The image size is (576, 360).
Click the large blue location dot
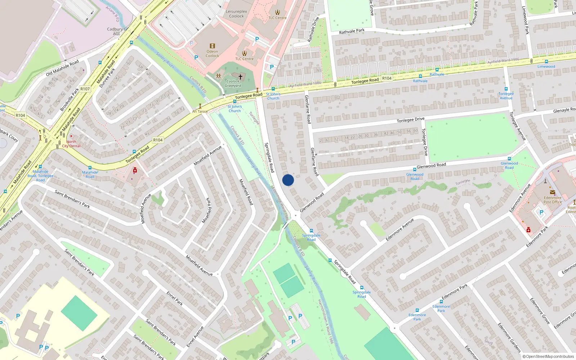288,180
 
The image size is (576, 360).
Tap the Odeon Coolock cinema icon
212,46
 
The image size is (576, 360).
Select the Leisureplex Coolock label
236,14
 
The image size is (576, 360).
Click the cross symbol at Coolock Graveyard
240,77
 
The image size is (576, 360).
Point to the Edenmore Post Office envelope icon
552,192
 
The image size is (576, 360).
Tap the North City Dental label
71,144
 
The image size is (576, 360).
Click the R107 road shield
85,89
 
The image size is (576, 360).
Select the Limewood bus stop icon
546,62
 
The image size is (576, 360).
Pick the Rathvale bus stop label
437,75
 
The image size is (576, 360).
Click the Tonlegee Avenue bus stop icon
506,89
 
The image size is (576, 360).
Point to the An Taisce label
200,112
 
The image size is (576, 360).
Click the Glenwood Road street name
431,166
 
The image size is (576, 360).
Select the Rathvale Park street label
352,31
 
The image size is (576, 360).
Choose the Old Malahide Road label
62,68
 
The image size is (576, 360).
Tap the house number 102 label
337,98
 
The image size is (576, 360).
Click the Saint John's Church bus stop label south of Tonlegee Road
234,109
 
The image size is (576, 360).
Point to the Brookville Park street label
69,99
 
